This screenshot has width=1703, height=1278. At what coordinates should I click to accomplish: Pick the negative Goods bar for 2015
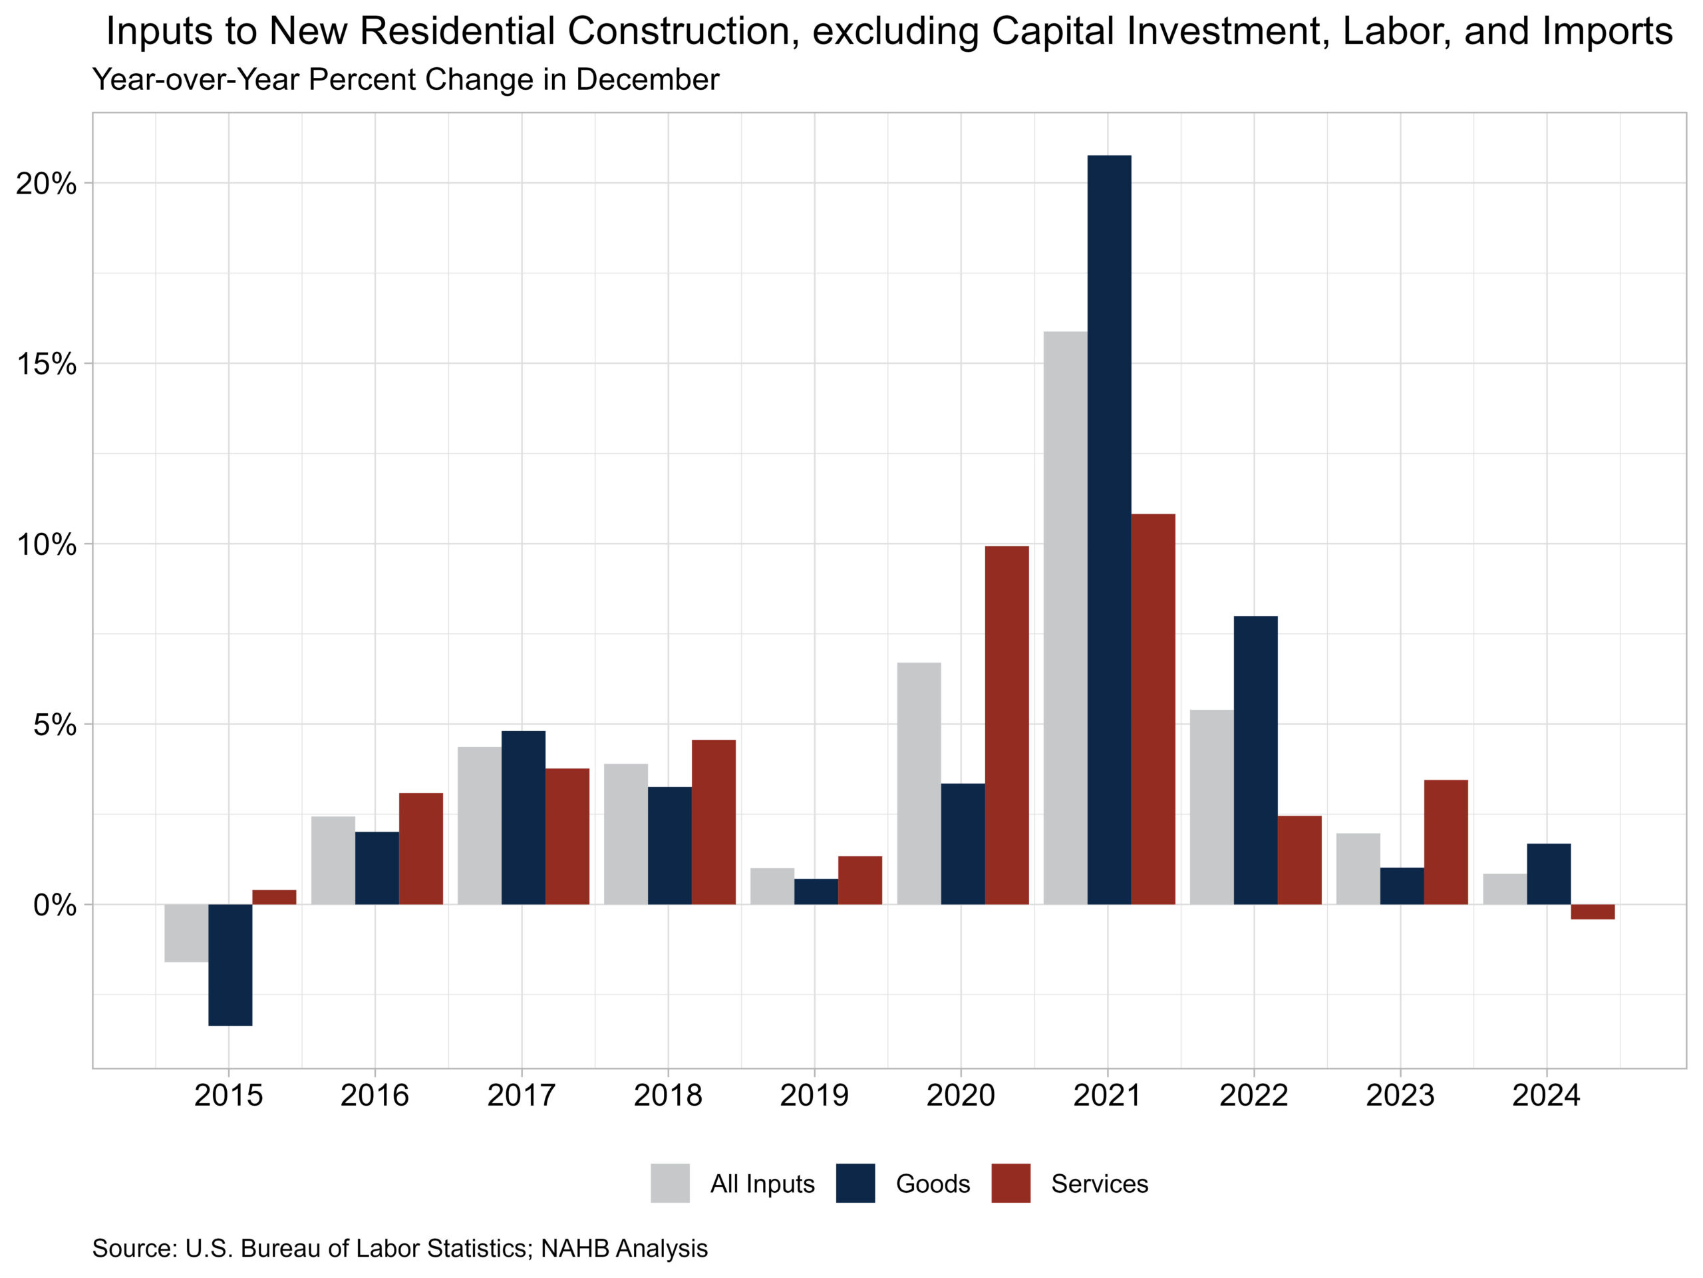[230, 965]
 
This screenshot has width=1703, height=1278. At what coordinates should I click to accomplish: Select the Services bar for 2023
[1445, 842]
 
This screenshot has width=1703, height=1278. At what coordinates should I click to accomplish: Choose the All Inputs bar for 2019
[772, 886]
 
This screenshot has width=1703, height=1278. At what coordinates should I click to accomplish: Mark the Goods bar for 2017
[523, 818]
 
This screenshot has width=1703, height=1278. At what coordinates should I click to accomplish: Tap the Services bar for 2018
[713, 822]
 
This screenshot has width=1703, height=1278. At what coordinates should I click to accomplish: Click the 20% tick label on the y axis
[46, 184]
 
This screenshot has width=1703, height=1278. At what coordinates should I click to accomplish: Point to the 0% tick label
[55, 905]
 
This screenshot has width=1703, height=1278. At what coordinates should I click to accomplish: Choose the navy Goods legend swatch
[855, 1184]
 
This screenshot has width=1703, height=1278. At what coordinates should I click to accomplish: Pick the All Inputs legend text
[762, 1184]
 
